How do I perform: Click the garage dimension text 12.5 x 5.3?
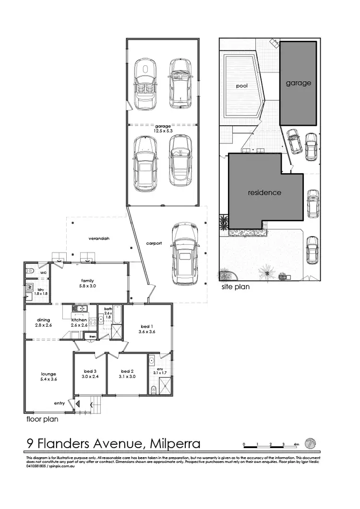pyautogui.click(x=162, y=130)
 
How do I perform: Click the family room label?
pyautogui.click(x=87, y=281)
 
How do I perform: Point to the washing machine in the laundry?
pyautogui.click(x=30, y=287)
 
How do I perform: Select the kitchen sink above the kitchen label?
pyautogui.click(x=80, y=308)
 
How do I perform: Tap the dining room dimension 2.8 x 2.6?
pyautogui.click(x=43, y=325)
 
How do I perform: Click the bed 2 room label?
pyautogui.click(x=126, y=371)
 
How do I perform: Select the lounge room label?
pyautogui.click(x=48, y=374)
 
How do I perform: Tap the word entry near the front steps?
pyautogui.click(x=59, y=403)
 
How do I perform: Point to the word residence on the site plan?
pyautogui.click(x=264, y=193)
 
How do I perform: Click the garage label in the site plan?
pyautogui.click(x=299, y=83)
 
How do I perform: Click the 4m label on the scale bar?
pyautogui.click(x=296, y=444)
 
